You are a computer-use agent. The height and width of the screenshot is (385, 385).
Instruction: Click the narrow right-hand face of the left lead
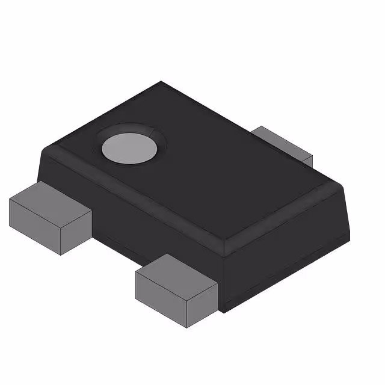[x=77, y=232]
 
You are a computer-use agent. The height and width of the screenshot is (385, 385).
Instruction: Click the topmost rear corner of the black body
[x=161, y=81]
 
